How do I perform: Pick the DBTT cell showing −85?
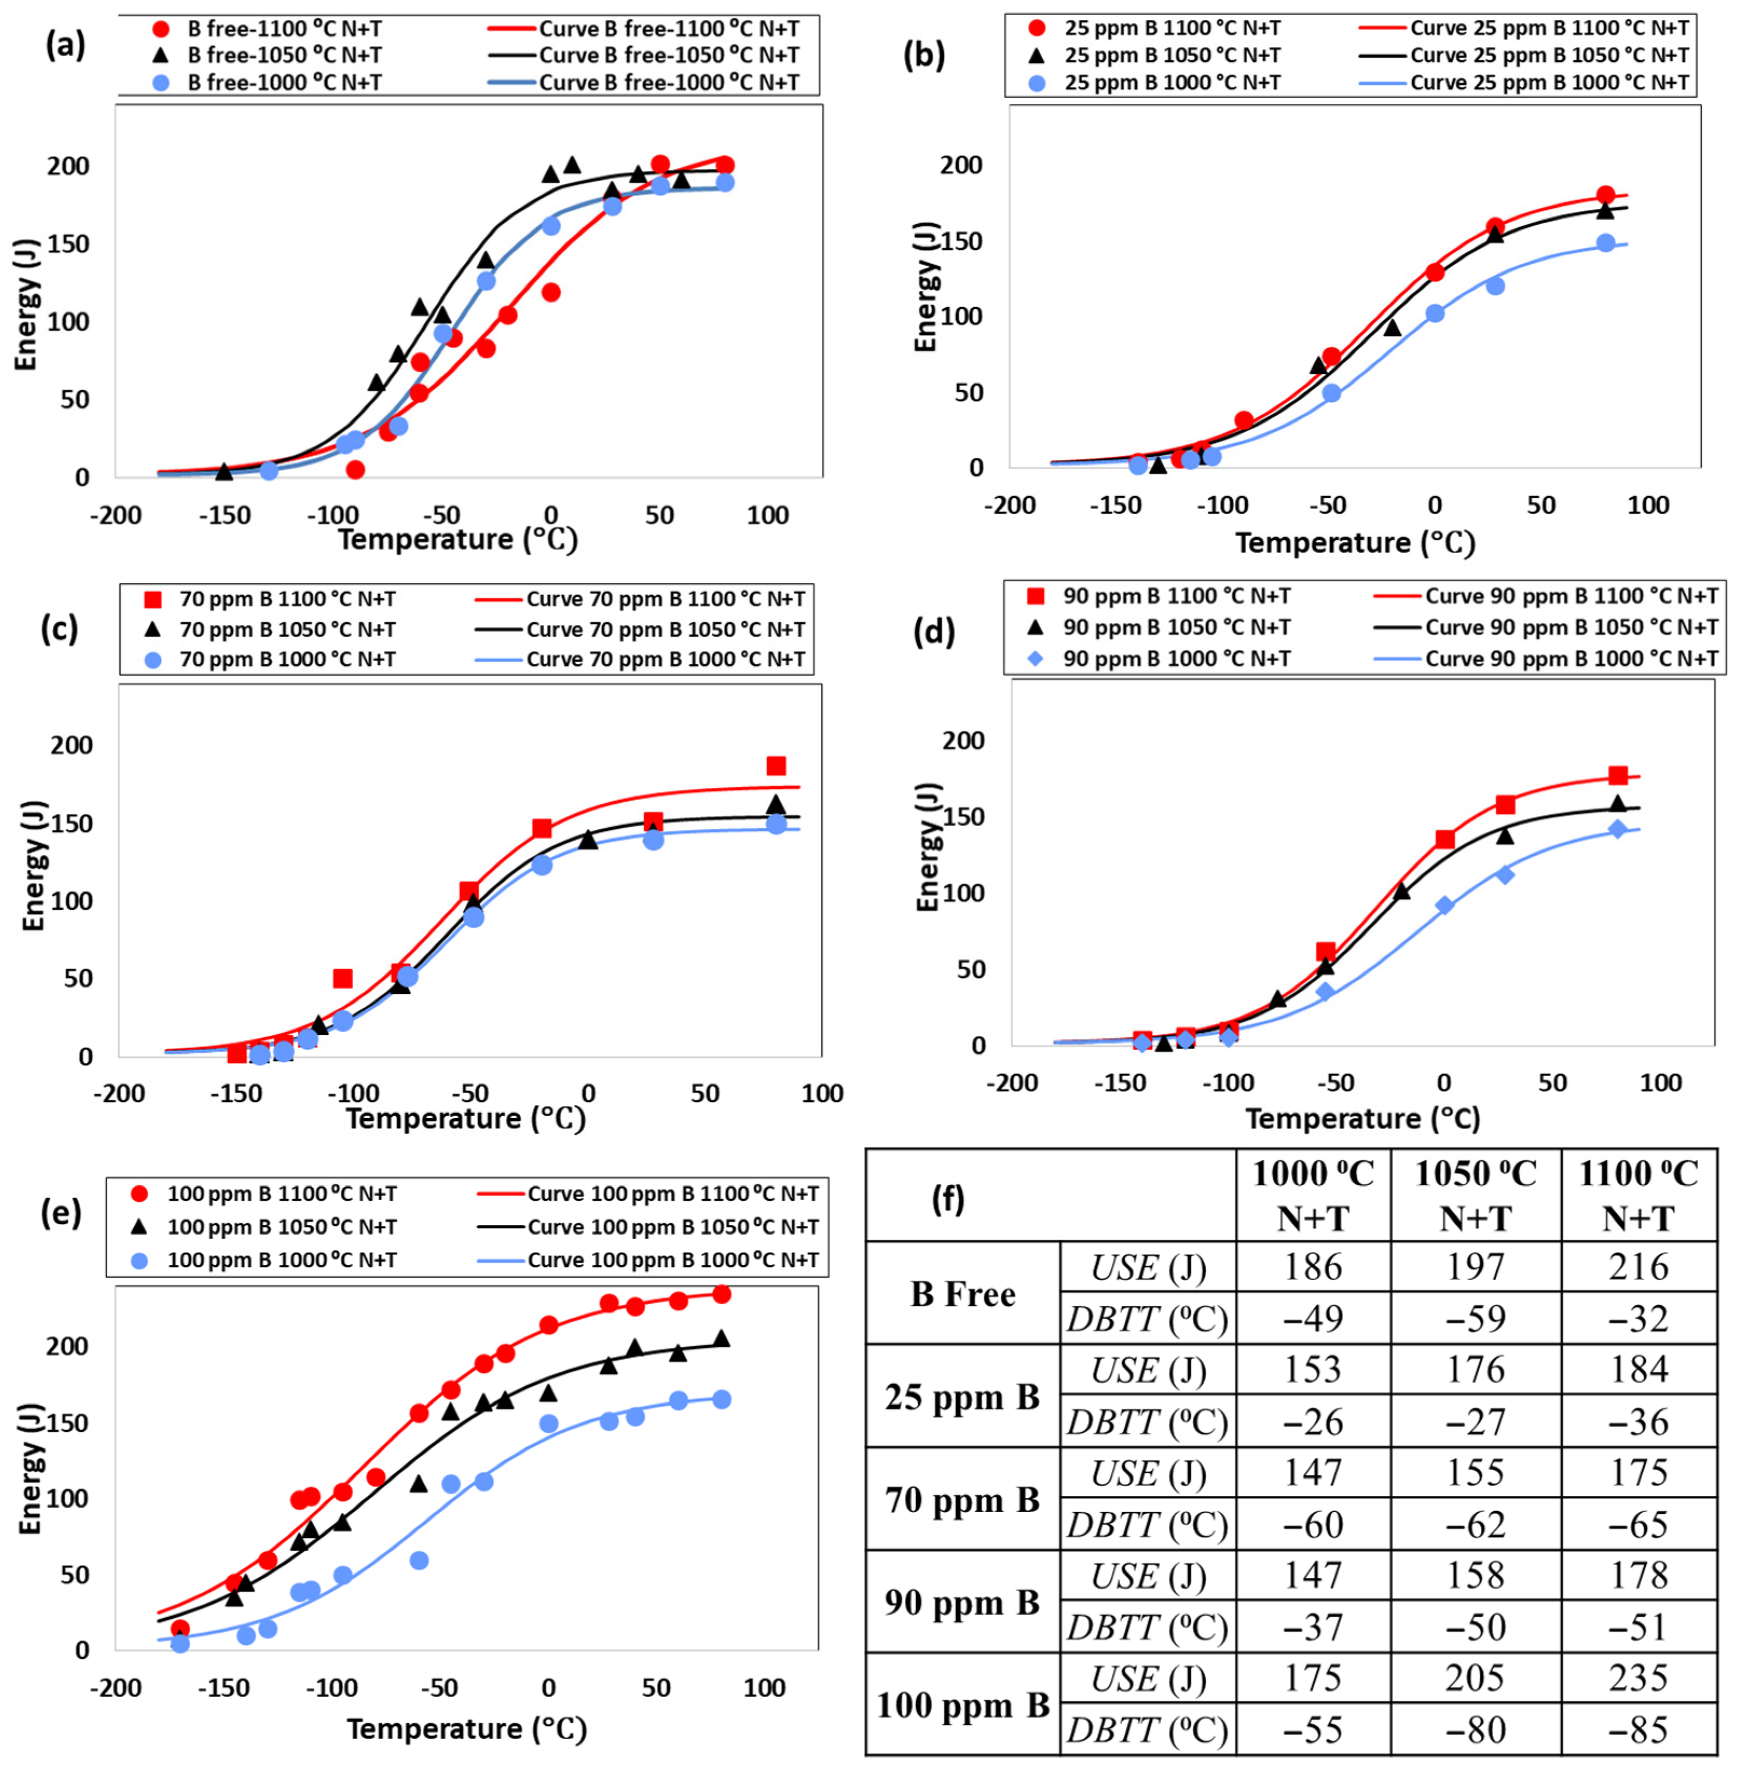click(1639, 1730)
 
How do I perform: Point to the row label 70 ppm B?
click(963, 1500)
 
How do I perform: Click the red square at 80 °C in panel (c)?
click(776, 766)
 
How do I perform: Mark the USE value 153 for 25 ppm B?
click(1312, 1371)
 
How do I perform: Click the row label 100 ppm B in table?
click(963, 1705)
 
